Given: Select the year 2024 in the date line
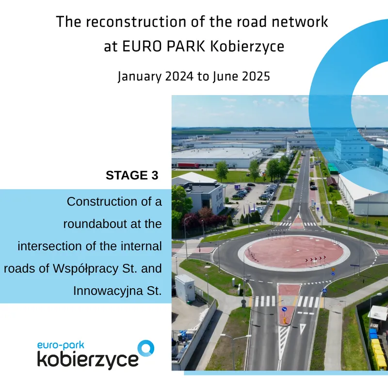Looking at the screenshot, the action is click(179, 76).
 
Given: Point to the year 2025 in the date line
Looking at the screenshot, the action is click(256, 76).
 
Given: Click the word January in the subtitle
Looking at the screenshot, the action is click(139, 77).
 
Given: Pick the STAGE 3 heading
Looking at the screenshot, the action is click(132, 176).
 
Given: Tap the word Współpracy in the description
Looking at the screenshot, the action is click(85, 269).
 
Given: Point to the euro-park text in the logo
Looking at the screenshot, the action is click(61, 346).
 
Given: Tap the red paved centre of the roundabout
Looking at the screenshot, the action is click(294, 252).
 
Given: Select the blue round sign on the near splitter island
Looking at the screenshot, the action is click(284, 309).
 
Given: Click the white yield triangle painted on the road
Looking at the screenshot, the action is click(303, 329).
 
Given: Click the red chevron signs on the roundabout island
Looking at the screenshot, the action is click(316, 259).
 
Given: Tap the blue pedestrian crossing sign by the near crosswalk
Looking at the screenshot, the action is click(324, 291).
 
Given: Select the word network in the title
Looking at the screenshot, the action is click(300, 22).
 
